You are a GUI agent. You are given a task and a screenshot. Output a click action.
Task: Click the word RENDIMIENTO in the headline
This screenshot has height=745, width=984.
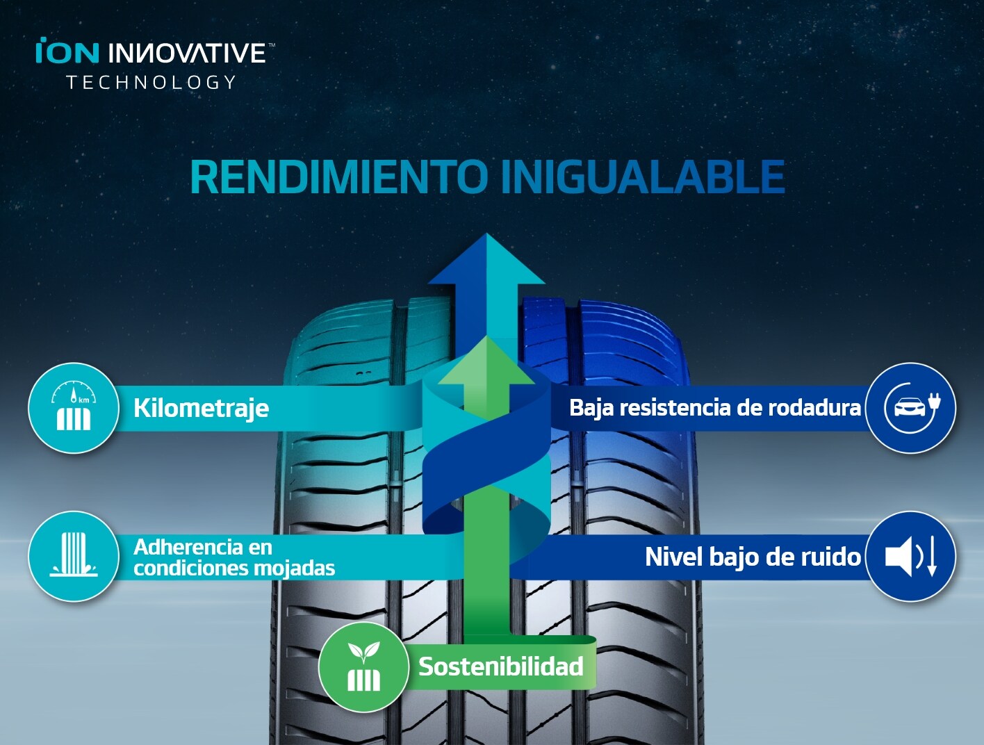339,177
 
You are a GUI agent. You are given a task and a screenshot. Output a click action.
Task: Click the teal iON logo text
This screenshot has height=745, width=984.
67,50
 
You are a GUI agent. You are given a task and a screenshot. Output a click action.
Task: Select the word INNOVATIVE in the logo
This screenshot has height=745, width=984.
187,53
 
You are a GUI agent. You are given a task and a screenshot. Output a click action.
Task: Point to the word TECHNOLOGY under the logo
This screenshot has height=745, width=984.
151,83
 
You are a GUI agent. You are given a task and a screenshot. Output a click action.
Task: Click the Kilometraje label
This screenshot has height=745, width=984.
202,409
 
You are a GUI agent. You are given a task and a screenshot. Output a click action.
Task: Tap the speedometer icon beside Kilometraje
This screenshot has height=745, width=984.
74,408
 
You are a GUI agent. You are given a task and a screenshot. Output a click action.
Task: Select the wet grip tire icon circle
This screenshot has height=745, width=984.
74,556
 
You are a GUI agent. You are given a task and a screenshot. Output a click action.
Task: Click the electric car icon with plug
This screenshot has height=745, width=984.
910,408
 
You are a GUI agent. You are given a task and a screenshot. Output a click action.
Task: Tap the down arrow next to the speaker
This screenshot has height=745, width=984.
932,557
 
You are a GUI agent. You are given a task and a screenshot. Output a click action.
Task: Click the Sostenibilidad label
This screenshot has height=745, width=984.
501,666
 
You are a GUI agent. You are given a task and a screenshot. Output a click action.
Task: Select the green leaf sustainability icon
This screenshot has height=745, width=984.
363,666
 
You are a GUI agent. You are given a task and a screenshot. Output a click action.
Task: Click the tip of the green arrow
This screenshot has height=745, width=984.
486,336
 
